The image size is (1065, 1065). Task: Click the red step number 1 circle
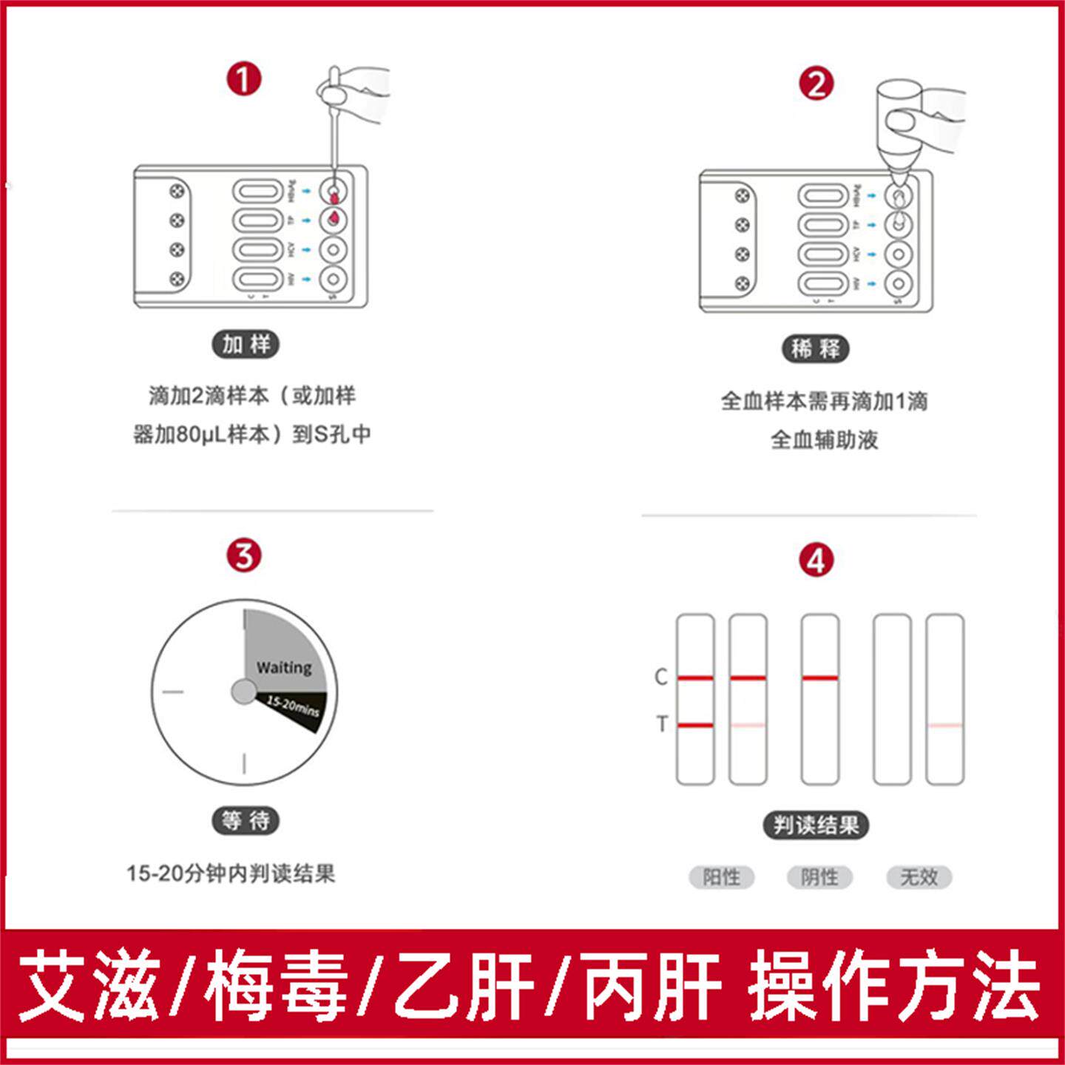pyautogui.click(x=244, y=78)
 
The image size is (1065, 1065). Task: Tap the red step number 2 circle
pyautogui.click(x=816, y=84)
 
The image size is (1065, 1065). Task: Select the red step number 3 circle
pyautogui.click(x=244, y=555)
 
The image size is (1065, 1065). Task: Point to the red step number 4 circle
pyautogui.click(x=816, y=561)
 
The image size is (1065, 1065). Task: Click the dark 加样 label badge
pyautogui.click(x=246, y=344)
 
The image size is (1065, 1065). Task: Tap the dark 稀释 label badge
pyautogui.click(x=816, y=349)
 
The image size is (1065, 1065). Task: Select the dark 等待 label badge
pyautogui.click(x=246, y=820)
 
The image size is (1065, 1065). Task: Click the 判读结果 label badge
pyautogui.click(x=816, y=825)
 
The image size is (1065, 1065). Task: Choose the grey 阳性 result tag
pyautogui.click(x=721, y=877)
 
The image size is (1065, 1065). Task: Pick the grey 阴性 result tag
pyautogui.click(x=819, y=877)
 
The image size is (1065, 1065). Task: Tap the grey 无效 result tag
pyautogui.click(x=919, y=877)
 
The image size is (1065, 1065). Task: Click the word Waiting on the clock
pyautogui.click(x=284, y=667)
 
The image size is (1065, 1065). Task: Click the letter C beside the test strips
pyautogui.click(x=661, y=677)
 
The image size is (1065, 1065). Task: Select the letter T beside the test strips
pyautogui.click(x=662, y=724)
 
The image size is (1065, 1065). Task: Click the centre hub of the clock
pyautogui.click(x=243, y=692)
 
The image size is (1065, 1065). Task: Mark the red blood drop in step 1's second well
pyautogui.click(x=335, y=217)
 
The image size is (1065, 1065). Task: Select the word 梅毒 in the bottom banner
pyautogui.click(x=277, y=986)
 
